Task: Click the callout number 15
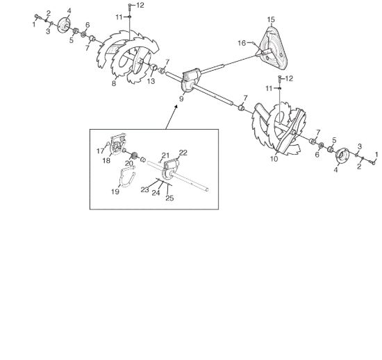point(271,19)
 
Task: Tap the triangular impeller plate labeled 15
point(274,46)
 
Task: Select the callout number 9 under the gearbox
point(181,98)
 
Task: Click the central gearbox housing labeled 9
point(192,80)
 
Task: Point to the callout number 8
point(114,83)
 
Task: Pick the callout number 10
point(274,159)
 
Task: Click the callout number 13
point(151,81)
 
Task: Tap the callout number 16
point(242,43)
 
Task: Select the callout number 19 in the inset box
point(115,191)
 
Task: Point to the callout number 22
point(183,153)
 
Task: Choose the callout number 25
point(169,198)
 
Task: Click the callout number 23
point(144,190)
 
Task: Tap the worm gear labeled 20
point(134,155)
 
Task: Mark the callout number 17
point(100,151)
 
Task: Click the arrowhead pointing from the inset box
point(176,107)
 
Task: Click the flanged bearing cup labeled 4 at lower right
point(342,155)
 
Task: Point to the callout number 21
point(166,155)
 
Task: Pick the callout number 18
point(106,161)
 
